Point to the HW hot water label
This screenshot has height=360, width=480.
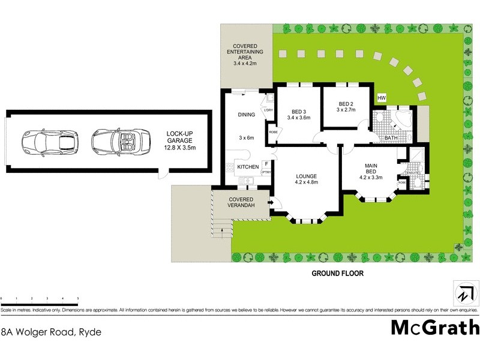(x=381, y=98)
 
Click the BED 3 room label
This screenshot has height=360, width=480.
(x=300, y=114)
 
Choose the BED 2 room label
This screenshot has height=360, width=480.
(x=347, y=106)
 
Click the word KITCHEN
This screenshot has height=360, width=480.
(x=248, y=166)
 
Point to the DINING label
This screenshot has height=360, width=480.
(x=247, y=115)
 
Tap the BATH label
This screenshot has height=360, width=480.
(x=391, y=138)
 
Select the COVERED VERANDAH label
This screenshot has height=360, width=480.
(x=239, y=202)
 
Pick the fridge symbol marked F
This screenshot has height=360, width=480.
(x=266, y=164)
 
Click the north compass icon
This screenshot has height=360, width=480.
(x=464, y=295)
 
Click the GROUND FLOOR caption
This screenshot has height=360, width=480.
(x=337, y=273)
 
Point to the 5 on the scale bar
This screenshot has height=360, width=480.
(x=78, y=298)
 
